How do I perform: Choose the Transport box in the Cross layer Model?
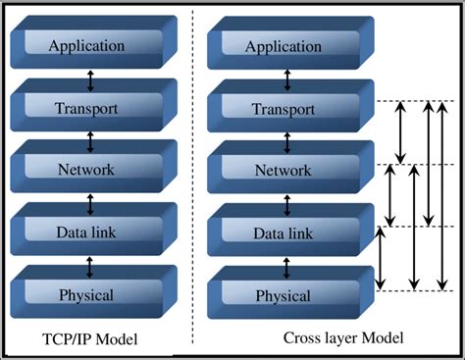click(x=284, y=109)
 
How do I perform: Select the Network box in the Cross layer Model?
click(x=284, y=171)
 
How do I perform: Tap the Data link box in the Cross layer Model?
click(x=284, y=233)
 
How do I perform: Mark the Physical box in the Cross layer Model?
click(x=284, y=295)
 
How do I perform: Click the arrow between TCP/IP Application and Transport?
click(x=90, y=77)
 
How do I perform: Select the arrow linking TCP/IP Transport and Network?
click(x=90, y=139)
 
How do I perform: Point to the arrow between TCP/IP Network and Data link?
click(x=90, y=202)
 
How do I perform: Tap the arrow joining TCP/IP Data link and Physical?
click(x=90, y=265)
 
